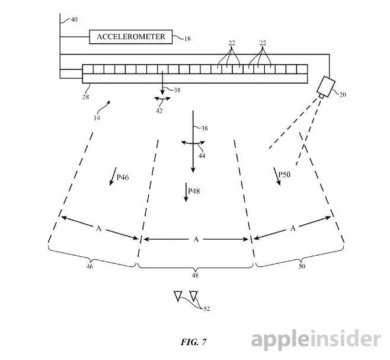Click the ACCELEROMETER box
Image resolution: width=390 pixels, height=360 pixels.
point(131,36)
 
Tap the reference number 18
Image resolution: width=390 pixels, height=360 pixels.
point(187,39)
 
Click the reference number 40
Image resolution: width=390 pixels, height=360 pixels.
point(73,20)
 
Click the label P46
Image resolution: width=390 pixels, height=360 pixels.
point(123,177)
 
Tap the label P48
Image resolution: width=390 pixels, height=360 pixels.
point(194,192)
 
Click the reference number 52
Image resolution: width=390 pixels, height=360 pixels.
point(206,308)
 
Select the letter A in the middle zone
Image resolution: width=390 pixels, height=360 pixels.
point(196,240)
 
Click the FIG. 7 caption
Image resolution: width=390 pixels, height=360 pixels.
point(194,342)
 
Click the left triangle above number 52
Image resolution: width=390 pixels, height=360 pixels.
point(178,295)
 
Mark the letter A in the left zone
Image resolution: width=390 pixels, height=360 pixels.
point(98,227)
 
